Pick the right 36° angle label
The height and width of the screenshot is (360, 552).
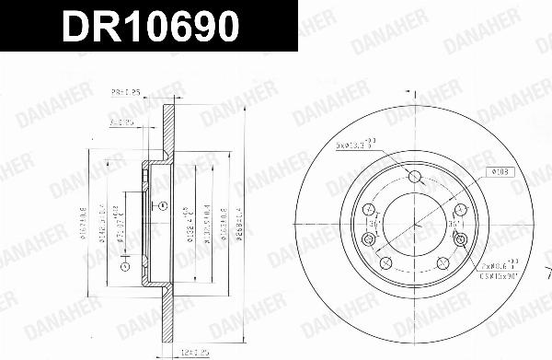(454, 223)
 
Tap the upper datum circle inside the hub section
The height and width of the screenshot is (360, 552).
(162, 205)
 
